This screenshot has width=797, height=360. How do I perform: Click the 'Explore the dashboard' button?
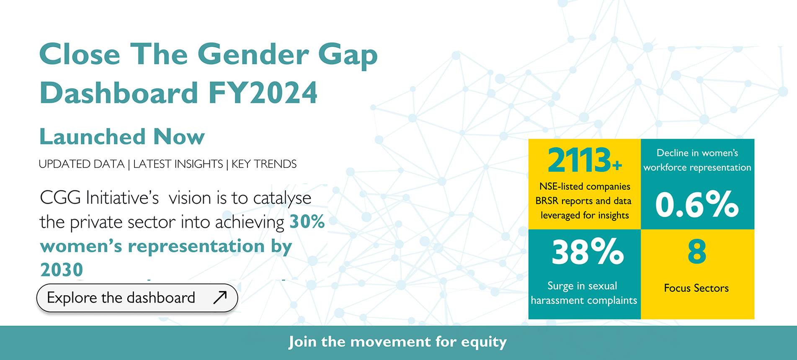point(137,298)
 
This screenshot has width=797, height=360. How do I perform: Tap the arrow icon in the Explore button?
point(220,297)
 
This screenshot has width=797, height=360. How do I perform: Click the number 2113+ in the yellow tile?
point(585,160)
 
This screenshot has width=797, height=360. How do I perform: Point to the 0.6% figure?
point(697,204)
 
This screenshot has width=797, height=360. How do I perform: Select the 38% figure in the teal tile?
point(588,252)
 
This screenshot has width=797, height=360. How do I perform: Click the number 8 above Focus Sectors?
point(697,252)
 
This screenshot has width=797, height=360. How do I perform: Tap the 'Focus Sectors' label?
point(696,288)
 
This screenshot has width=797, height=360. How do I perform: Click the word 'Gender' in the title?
point(253,54)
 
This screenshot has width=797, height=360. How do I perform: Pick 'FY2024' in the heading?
point(263,93)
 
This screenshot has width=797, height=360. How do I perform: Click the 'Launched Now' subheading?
point(122,136)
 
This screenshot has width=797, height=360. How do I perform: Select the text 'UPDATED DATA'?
point(82,164)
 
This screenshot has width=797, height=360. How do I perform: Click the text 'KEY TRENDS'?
point(264,164)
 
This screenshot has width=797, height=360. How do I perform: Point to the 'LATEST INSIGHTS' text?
point(178,164)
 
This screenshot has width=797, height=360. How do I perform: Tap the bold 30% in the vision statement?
point(307,221)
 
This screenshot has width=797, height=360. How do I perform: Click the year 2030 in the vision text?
point(62,270)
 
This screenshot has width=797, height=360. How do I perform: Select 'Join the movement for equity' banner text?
point(398,342)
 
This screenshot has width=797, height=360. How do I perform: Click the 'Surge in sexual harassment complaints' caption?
point(584,293)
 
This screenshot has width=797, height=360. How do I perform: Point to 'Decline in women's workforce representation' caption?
point(697,160)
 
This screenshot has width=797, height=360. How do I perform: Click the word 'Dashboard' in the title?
point(119,93)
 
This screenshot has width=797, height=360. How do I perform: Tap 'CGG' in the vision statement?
point(60,197)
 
